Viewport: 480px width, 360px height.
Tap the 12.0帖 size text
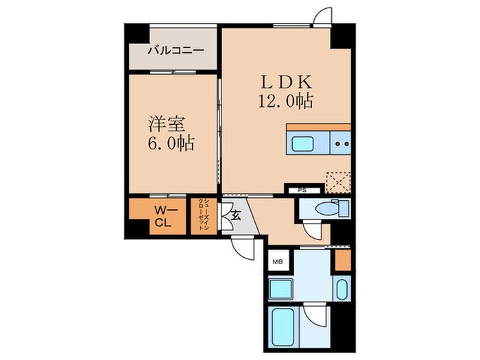285,101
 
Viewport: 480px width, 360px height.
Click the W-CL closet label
162,216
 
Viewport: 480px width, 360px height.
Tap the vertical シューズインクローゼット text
203,216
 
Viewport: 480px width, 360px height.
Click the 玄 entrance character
235,216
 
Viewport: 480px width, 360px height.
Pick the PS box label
300,190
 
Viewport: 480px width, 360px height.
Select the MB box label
278,261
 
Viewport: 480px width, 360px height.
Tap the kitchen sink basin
303,144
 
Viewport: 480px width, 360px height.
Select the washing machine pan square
282,289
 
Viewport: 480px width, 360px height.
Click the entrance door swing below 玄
243,247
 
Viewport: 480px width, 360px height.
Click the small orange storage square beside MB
343,260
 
